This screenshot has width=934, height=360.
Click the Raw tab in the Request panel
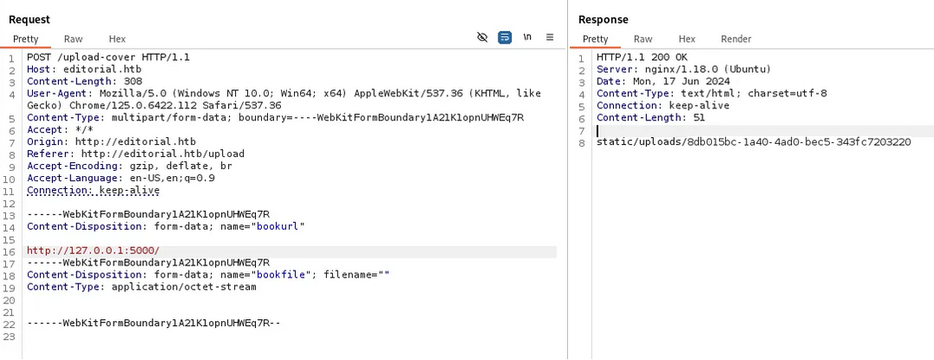pos(73,39)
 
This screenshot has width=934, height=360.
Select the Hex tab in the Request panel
pos(117,39)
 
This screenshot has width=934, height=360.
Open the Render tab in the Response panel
pos(736,39)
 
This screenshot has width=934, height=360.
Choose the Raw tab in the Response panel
pos(643,39)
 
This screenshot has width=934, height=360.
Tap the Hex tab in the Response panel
pos(687,39)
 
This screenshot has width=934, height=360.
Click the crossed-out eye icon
pos(482,37)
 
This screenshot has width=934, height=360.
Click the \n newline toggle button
pos(527,37)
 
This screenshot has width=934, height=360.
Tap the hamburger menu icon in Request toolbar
pos(550,37)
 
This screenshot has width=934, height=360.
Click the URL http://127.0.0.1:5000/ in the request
pos(94,251)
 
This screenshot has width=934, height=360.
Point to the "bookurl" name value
pos(281,226)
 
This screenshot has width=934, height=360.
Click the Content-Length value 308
pos(133,82)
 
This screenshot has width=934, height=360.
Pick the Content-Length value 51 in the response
pos(699,118)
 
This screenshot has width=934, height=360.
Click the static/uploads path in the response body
pos(754,142)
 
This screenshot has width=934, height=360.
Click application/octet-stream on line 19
pos(184,286)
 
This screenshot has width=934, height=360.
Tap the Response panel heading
pos(604,20)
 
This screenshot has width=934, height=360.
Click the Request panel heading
pos(29,20)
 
